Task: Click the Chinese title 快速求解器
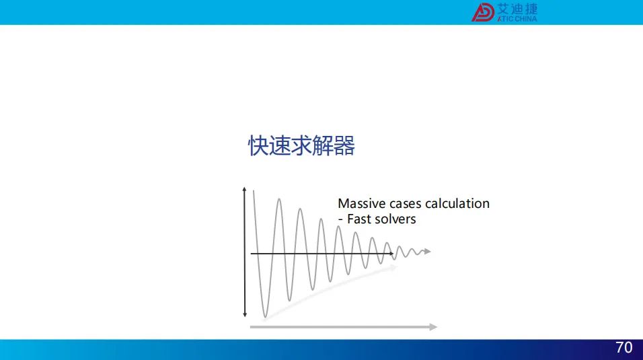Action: pos(301,146)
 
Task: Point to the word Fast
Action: pos(358,219)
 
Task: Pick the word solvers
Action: pos(395,219)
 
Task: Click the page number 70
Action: pos(623,348)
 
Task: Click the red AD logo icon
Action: pos(483,12)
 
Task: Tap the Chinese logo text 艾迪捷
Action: pos(517,9)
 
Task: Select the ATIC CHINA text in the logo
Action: pos(517,19)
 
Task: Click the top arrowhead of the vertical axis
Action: pos(244,189)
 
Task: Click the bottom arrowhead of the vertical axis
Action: pos(245,314)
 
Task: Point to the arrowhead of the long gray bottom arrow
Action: pos(433,327)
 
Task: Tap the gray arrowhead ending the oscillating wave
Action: pos(428,251)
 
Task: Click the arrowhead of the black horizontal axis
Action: pos(391,254)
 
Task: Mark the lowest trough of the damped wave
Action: pos(265,316)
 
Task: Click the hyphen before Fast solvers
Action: pos(340,221)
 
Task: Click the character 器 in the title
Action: pos(344,146)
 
